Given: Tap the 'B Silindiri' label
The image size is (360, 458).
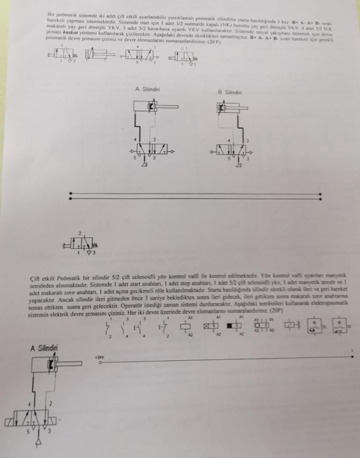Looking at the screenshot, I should pyautogui.click(x=230, y=92).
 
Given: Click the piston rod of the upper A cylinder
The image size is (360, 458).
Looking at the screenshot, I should pyautogui.click(x=168, y=106).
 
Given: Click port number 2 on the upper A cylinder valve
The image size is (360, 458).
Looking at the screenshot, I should pyautogui.click(x=154, y=140).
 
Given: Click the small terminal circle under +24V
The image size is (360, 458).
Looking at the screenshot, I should pyautogui.click(x=100, y=363).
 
